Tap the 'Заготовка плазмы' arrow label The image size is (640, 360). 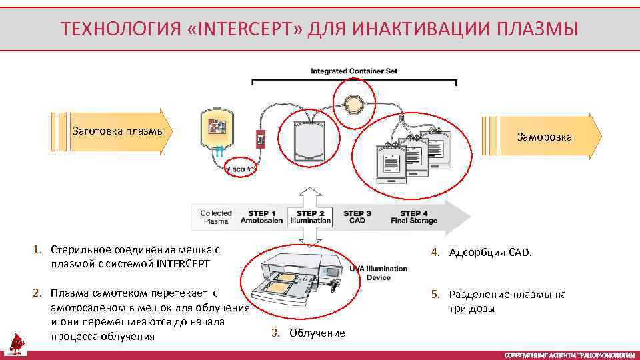pyautogui.click(x=118, y=131)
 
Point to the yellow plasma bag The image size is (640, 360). pyautogui.click(x=217, y=128)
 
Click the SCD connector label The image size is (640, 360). pyautogui.click(x=238, y=169)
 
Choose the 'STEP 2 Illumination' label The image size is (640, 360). pyautogui.click(x=310, y=217)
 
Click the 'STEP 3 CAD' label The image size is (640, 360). pyautogui.click(x=357, y=217)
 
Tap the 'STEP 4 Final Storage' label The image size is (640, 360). pyautogui.click(x=414, y=217)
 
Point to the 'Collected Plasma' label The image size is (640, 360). pyautogui.click(x=216, y=217)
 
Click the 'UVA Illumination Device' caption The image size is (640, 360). pyautogui.click(x=379, y=273)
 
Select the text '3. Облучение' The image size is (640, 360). pyautogui.click(x=309, y=333)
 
